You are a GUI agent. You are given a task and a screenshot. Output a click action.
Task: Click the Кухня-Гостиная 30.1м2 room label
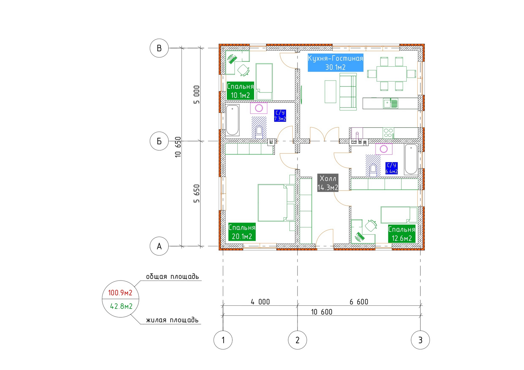click(x=335, y=63)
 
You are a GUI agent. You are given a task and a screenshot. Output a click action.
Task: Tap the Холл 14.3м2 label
click(x=328, y=183)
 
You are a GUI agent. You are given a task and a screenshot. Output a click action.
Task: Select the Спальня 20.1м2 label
click(x=242, y=232)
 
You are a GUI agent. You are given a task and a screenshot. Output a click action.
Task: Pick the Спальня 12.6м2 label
click(x=402, y=234)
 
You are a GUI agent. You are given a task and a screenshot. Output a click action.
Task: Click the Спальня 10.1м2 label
click(x=240, y=91)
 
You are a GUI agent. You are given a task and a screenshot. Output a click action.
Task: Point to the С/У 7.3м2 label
click(x=280, y=116)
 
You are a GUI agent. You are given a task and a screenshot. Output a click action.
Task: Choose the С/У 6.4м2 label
click(x=392, y=168)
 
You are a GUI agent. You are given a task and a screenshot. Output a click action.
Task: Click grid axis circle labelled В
click(x=159, y=48)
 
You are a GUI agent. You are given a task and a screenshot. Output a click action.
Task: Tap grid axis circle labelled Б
click(x=159, y=141)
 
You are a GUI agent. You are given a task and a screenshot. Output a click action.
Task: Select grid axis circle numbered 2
click(x=297, y=340)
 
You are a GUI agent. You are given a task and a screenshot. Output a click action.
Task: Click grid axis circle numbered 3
click(x=420, y=340)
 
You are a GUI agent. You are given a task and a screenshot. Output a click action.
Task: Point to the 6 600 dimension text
click(x=359, y=302)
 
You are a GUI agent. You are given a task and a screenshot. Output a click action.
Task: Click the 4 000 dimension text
click(x=260, y=302)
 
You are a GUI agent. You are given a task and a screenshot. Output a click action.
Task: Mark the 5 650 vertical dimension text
click(x=197, y=194)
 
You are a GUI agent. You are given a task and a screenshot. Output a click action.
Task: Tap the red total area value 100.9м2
click(x=120, y=293)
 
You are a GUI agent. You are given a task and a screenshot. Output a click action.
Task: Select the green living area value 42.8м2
click(x=121, y=306)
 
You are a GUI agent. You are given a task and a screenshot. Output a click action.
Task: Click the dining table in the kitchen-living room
click(x=391, y=74)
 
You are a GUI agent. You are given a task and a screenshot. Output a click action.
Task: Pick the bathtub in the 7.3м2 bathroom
click(x=232, y=120)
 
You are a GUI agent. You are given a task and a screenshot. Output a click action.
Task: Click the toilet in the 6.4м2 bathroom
click(x=373, y=171)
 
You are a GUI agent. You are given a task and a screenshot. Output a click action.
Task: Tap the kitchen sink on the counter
click(x=391, y=103)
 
